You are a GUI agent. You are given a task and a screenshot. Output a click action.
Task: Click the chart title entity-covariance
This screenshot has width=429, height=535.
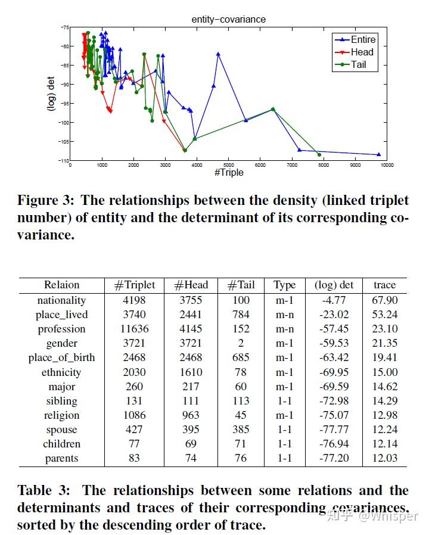[229, 20]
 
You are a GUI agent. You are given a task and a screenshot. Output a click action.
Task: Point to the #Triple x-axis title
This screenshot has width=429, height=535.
[228, 173]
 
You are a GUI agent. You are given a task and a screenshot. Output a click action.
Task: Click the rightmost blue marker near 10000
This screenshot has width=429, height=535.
[379, 154]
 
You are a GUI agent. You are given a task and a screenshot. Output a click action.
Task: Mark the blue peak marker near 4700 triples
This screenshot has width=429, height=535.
[218, 54]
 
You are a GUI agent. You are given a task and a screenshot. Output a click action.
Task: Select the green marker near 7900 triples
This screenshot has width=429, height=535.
[319, 155]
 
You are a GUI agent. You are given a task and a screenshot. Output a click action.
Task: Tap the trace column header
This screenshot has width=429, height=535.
[384, 285]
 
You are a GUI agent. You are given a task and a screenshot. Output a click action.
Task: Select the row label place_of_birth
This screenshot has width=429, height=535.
[61, 357]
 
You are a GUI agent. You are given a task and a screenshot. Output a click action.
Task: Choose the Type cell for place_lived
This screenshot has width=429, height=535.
[284, 315]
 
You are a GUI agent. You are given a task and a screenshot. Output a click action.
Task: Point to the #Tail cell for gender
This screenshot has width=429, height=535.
[241, 343]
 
